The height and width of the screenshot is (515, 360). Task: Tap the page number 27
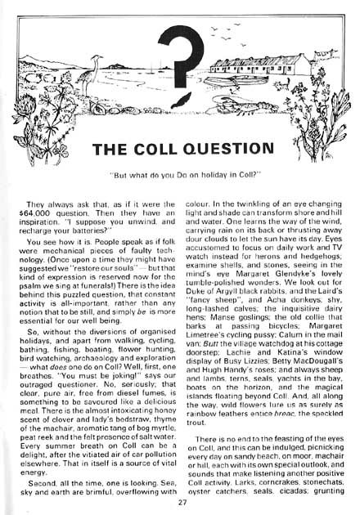(x=181, y=503)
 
